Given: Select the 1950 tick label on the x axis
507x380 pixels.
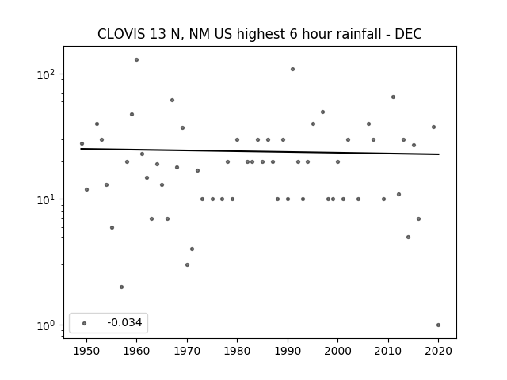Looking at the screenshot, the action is click(x=86, y=351).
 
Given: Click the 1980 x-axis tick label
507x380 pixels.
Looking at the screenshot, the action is click(x=237, y=351).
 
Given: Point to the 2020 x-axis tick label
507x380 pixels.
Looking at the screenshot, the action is click(x=438, y=351).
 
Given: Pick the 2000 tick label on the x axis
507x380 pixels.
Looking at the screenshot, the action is click(x=337, y=351).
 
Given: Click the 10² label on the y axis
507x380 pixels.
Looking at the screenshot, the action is click(x=46, y=74).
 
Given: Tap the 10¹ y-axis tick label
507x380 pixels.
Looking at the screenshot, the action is click(x=46, y=199).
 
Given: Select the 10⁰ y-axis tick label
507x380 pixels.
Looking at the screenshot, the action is click(x=46, y=325).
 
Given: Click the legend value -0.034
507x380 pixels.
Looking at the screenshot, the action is click(x=124, y=322).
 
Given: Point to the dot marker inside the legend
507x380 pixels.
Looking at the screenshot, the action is click(x=85, y=323).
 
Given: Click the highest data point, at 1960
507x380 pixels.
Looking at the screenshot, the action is click(x=136, y=60).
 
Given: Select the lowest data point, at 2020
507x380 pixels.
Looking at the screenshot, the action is click(x=438, y=325).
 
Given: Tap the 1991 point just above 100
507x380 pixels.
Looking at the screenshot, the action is click(x=292, y=69).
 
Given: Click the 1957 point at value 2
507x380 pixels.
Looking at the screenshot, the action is click(x=121, y=287).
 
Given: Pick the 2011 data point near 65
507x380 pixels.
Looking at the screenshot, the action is click(x=393, y=97).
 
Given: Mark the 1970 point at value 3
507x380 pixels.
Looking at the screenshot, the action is click(x=187, y=264).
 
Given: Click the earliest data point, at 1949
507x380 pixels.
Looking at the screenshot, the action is click(x=82, y=144).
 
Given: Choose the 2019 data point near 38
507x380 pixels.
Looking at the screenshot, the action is click(x=433, y=127).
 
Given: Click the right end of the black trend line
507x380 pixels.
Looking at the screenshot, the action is click(x=439, y=154).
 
